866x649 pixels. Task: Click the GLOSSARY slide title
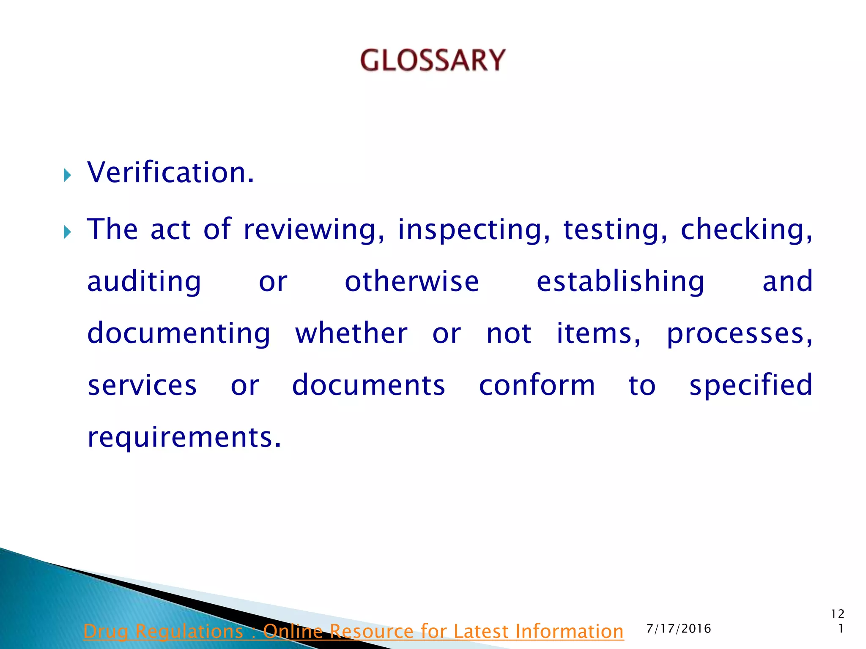click(x=433, y=60)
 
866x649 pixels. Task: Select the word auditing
click(x=144, y=282)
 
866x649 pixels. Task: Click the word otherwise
click(x=412, y=282)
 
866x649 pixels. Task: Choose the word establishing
click(x=620, y=282)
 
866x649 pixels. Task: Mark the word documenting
click(x=178, y=334)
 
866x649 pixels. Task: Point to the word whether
click(x=351, y=333)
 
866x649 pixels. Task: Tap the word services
click(x=142, y=385)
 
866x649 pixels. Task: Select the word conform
click(x=537, y=385)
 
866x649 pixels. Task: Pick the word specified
click(x=751, y=386)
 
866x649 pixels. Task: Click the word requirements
click(x=184, y=438)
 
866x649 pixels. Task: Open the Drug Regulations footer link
click(x=354, y=631)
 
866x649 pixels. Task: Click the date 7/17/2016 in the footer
click(x=679, y=629)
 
